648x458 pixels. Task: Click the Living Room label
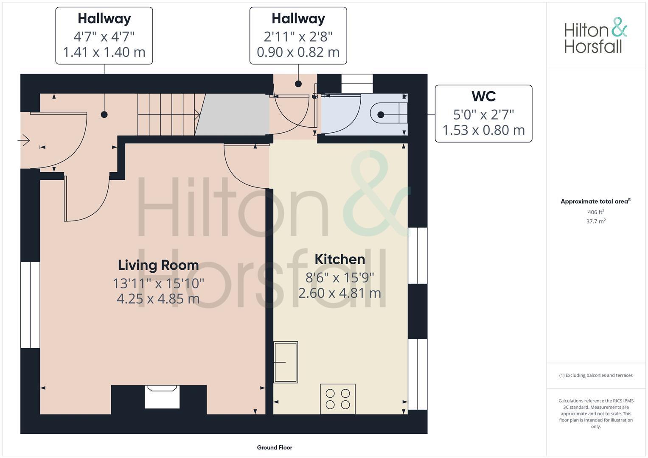pos(158,265)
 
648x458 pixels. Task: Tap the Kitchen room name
pos(339,259)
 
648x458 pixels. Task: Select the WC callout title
pos(483,96)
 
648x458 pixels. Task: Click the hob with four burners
pos(338,399)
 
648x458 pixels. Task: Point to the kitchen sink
pos(286,362)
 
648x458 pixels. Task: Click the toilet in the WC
pos(389,114)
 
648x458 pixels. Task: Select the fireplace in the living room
pos(162,397)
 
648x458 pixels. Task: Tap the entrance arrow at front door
pos(24,140)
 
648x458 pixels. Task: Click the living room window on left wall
pos(30,304)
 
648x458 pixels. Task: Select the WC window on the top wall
pos(357,84)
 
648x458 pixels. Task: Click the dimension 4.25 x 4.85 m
pos(158,299)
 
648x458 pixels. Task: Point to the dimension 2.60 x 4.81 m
pos(339,293)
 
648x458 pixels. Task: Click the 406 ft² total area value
pos(595,212)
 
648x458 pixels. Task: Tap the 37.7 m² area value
pos(595,221)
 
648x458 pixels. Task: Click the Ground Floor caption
pos(275,447)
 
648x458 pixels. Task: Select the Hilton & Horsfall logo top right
pos(595,36)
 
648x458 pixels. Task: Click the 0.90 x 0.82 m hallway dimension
pos(298,52)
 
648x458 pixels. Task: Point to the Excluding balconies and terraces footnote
pos(595,375)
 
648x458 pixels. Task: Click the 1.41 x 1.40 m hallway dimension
pos(104,52)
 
